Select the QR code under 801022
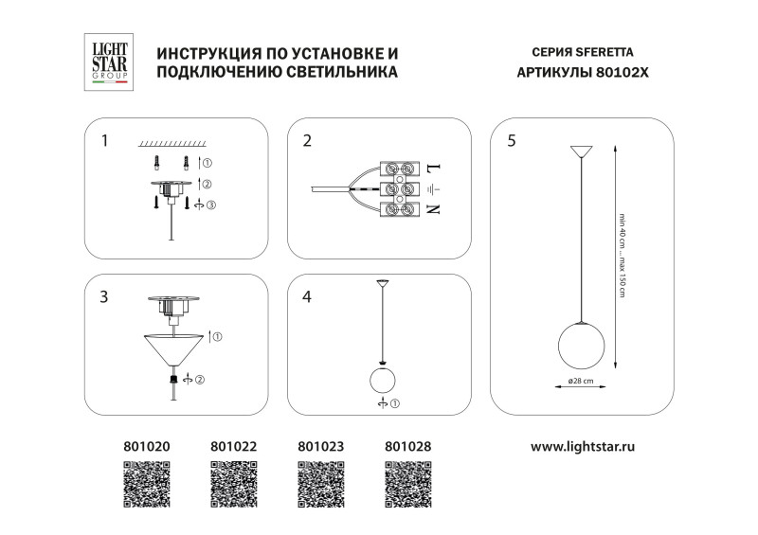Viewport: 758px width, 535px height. click(234, 483)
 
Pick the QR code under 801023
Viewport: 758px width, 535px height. click(321, 483)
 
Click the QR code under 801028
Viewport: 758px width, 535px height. click(408, 483)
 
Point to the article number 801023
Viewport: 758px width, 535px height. click(320, 444)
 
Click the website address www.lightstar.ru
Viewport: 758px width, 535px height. click(581, 444)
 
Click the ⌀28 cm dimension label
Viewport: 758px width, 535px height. click(581, 382)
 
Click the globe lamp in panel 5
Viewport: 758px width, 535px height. click(580, 344)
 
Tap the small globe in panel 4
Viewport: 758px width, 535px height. click(382, 381)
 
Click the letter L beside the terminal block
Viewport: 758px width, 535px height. click(434, 168)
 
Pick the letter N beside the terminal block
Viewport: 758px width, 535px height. click(434, 208)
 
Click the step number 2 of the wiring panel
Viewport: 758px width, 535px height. click(307, 141)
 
